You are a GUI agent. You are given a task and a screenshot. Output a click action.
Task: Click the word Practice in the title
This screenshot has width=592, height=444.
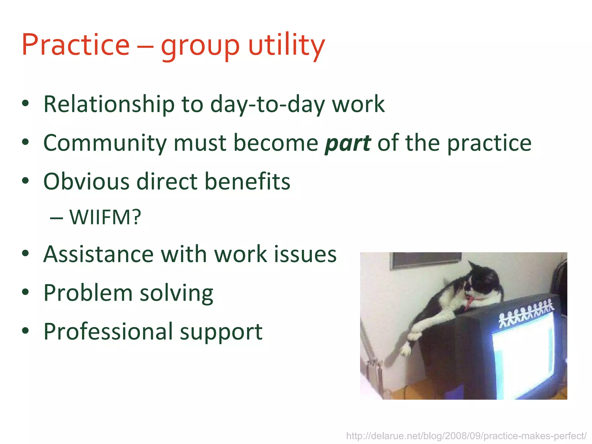(x=76, y=45)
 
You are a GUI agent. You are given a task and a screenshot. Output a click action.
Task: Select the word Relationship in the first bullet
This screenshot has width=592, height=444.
(x=109, y=104)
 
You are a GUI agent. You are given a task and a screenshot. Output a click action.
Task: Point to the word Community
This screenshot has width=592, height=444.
(x=105, y=143)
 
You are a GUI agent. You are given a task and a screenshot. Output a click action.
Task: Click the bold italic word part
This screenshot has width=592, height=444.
(x=348, y=143)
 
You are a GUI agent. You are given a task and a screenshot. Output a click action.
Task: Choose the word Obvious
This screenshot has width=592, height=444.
(x=86, y=182)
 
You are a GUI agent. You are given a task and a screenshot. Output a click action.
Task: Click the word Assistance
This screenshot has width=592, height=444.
(x=99, y=254)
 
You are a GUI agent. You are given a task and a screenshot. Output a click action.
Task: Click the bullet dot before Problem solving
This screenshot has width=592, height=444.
(x=25, y=292)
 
